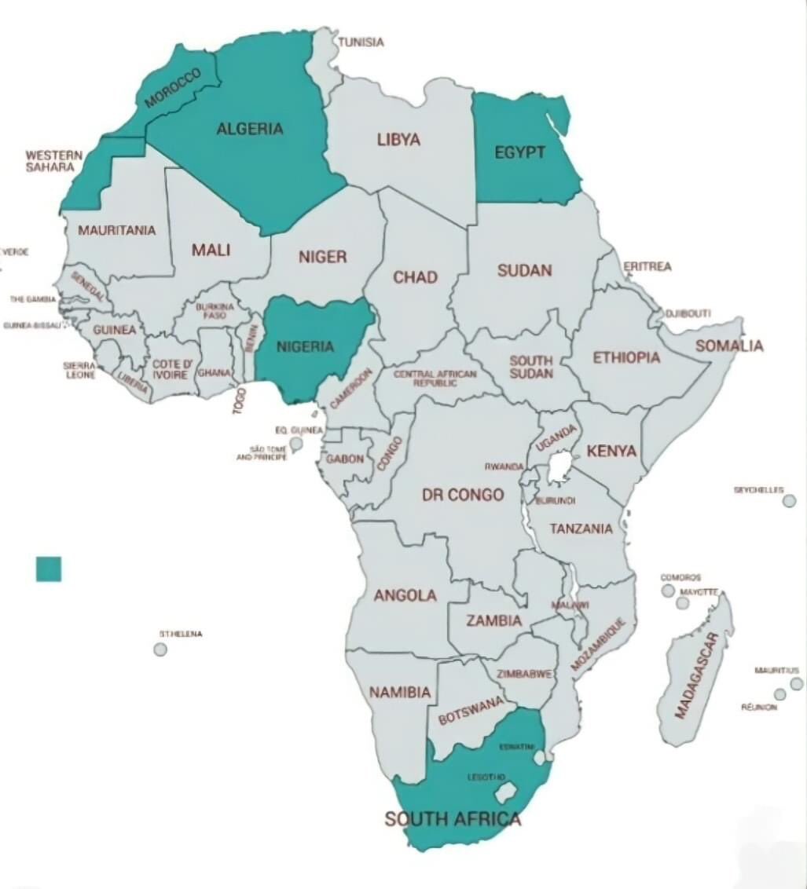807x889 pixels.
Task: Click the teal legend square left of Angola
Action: pos(49,569)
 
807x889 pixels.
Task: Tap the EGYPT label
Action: pos(519,152)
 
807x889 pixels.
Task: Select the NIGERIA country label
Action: pos(305,346)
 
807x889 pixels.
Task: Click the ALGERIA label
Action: pos(250,129)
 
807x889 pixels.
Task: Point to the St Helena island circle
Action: pos(160,649)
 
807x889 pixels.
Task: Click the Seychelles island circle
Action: pos(789,501)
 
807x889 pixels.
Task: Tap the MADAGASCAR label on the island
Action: pos(697,675)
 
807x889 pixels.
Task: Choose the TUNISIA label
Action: pos(361,42)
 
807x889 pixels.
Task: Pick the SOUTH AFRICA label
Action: pos(453,819)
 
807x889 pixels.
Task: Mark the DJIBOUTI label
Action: pos(688,313)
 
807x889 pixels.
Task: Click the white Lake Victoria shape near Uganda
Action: pos(559,469)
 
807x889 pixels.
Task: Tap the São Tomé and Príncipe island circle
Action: pos(295,444)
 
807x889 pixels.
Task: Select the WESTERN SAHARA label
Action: pos(53,161)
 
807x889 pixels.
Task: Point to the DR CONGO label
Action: pos(463,495)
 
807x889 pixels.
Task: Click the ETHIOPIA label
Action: pos(626,357)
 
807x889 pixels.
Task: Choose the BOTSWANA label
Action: pos(471,711)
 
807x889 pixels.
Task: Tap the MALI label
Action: pos(211,250)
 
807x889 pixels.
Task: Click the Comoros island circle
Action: pos(668,591)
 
